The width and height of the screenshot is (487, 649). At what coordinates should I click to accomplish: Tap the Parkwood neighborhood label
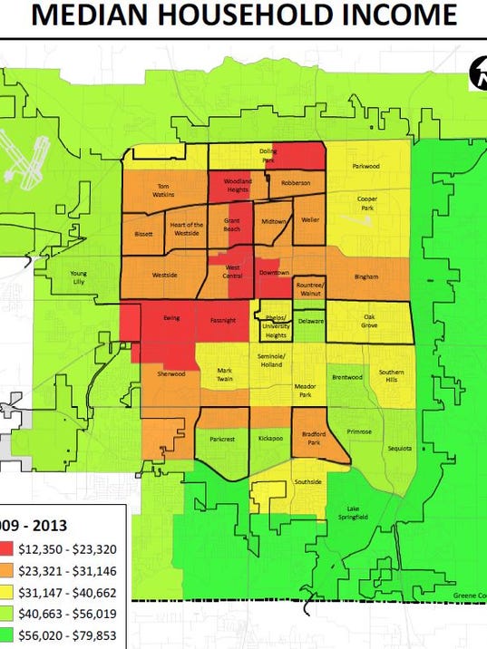pos(365,166)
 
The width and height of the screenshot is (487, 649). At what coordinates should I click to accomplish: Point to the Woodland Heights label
pos(237,184)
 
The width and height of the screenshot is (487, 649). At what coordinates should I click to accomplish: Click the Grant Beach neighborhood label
pos(232,224)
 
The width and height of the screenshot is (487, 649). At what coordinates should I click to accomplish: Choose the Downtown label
pos(274,273)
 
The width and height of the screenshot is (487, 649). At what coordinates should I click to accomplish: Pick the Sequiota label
pos(401,448)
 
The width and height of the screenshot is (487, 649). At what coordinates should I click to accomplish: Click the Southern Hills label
pos(392,375)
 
